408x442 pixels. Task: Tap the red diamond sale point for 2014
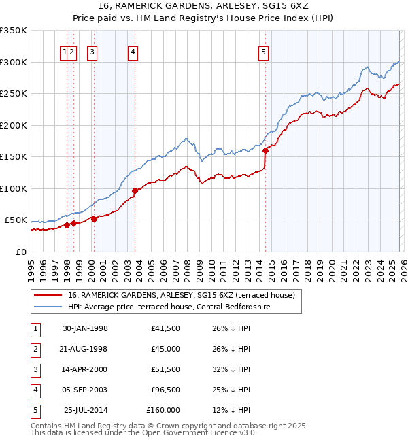[x=265, y=150]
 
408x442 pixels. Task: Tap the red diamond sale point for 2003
[x=135, y=190]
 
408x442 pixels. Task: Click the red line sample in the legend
[x=48, y=295]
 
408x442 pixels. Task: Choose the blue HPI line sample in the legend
[x=48, y=307]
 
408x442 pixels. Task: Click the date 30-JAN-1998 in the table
[x=85, y=328]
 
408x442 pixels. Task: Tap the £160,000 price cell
[x=163, y=410]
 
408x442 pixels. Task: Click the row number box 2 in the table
[x=34, y=349]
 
